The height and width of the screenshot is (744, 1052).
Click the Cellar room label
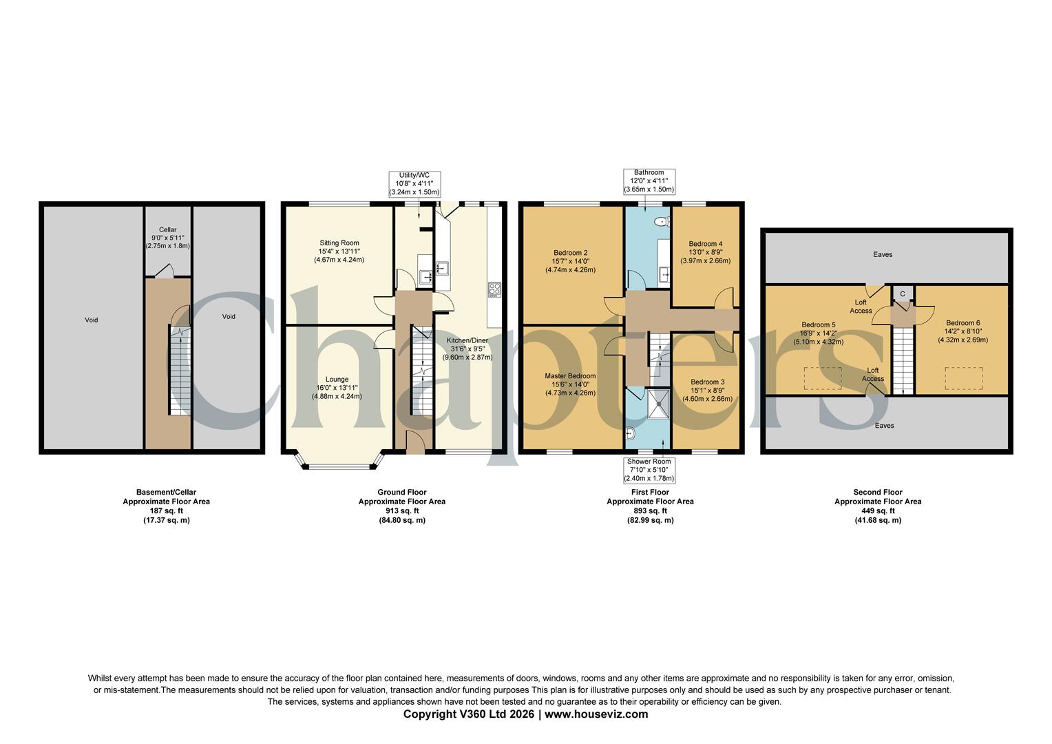coord(168,237)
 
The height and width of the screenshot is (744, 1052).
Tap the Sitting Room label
coord(339,251)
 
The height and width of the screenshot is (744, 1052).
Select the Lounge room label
coord(337,387)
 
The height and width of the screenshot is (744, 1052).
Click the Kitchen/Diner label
coord(467,349)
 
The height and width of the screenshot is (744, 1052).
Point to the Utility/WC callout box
coord(414,184)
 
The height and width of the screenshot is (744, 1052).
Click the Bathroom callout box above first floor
coord(649,180)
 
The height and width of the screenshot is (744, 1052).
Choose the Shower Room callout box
coord(649,470)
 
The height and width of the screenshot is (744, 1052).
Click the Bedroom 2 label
coord(570,261)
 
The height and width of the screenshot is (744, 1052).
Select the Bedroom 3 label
coord(707,390)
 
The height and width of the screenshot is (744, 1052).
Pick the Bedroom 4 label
coord(706,252)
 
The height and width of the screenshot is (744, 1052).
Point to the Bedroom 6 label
coord(962,331)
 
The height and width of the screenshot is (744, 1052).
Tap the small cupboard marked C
coord(902,293)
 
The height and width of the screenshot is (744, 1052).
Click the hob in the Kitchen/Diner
coord(494,290)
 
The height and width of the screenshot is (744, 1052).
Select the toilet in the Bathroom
coord(662,222)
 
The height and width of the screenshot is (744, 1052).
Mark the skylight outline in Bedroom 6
coord(963,378)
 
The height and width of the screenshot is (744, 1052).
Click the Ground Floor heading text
coord(401,493)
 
